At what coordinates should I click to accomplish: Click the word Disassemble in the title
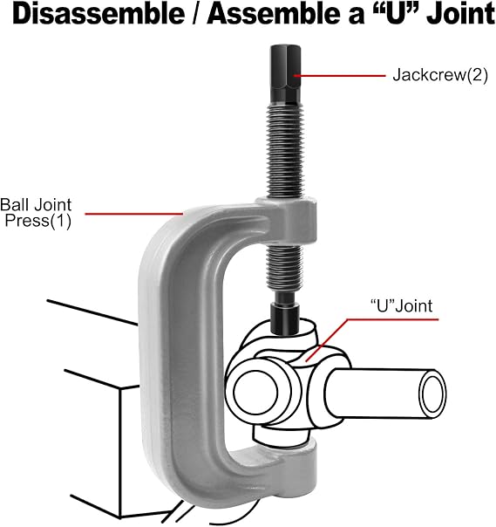[99, 14]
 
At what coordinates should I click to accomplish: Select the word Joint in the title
[460, 14]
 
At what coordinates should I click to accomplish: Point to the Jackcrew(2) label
[440, 75]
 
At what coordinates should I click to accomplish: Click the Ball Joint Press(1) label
[36, 213]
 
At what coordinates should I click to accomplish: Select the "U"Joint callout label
[401, 306]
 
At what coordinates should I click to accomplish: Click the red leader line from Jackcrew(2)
[340, 76]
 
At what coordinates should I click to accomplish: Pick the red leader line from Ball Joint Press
[134, 214]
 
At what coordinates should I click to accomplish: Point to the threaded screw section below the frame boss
[285, 269]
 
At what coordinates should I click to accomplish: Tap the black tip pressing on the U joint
[285, 318]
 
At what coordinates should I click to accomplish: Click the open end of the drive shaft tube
[433, 394]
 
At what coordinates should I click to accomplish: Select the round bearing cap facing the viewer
[256, 392]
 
